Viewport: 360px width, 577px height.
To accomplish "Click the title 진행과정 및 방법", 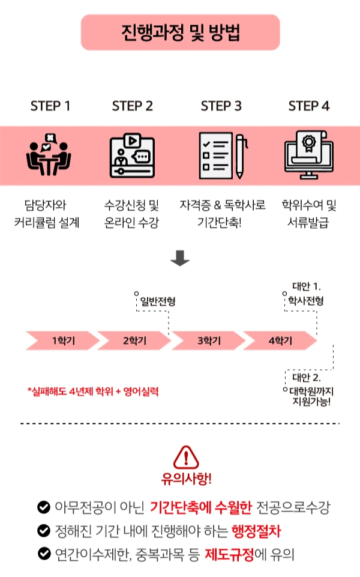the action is (x=180, y=32).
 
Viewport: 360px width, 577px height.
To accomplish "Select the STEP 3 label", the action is (x=221, y=106).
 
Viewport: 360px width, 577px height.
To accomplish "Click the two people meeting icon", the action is (x=49, y=156).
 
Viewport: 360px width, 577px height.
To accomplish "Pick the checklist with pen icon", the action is (x=221, y=156).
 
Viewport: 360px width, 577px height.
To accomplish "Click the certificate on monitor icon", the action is (x=308, y=156).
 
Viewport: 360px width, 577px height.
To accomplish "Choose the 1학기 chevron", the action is (x=61, y=340).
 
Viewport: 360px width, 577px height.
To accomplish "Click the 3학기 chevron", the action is (x=208, y=340).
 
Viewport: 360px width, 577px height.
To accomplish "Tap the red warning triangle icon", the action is (x=186, y=458).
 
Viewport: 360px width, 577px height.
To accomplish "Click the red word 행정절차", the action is (x=256, y=531).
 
